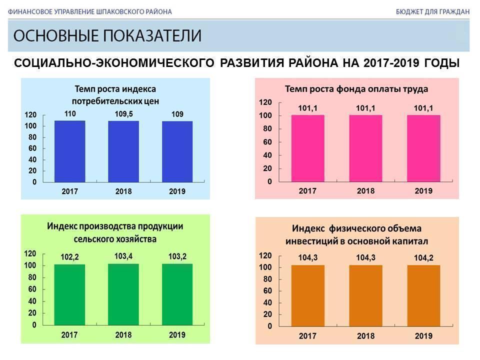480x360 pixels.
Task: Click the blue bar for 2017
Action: point(69,151)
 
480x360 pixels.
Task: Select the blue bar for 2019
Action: point(177,151)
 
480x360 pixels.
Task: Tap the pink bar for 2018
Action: point(365,149)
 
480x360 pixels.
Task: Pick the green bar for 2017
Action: point(69,294)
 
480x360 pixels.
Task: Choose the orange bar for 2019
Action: point(423,295)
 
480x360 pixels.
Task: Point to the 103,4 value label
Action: point(123,256)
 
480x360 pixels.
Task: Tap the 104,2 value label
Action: point(423,258)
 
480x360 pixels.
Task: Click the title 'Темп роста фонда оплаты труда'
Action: point(356,89)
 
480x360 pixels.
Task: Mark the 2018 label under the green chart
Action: point(123,335)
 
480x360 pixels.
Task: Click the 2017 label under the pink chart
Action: point(307,191)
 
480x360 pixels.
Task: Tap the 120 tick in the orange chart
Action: point(265,255)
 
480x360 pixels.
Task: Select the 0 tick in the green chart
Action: point(34,325)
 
